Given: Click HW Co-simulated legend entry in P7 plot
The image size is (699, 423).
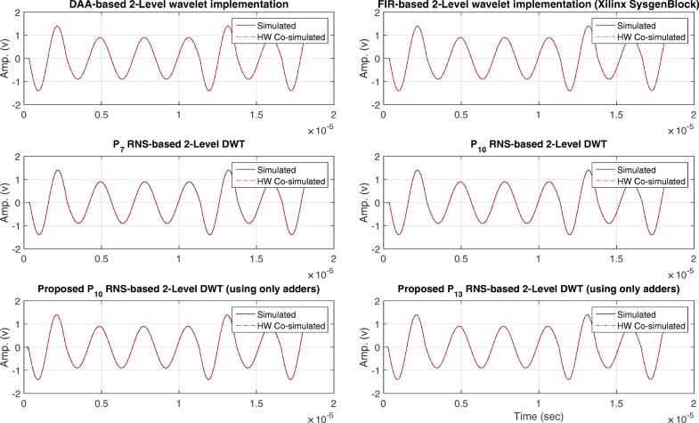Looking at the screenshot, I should coord(293,180).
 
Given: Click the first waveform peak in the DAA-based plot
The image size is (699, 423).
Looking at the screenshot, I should coord(57,27).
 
